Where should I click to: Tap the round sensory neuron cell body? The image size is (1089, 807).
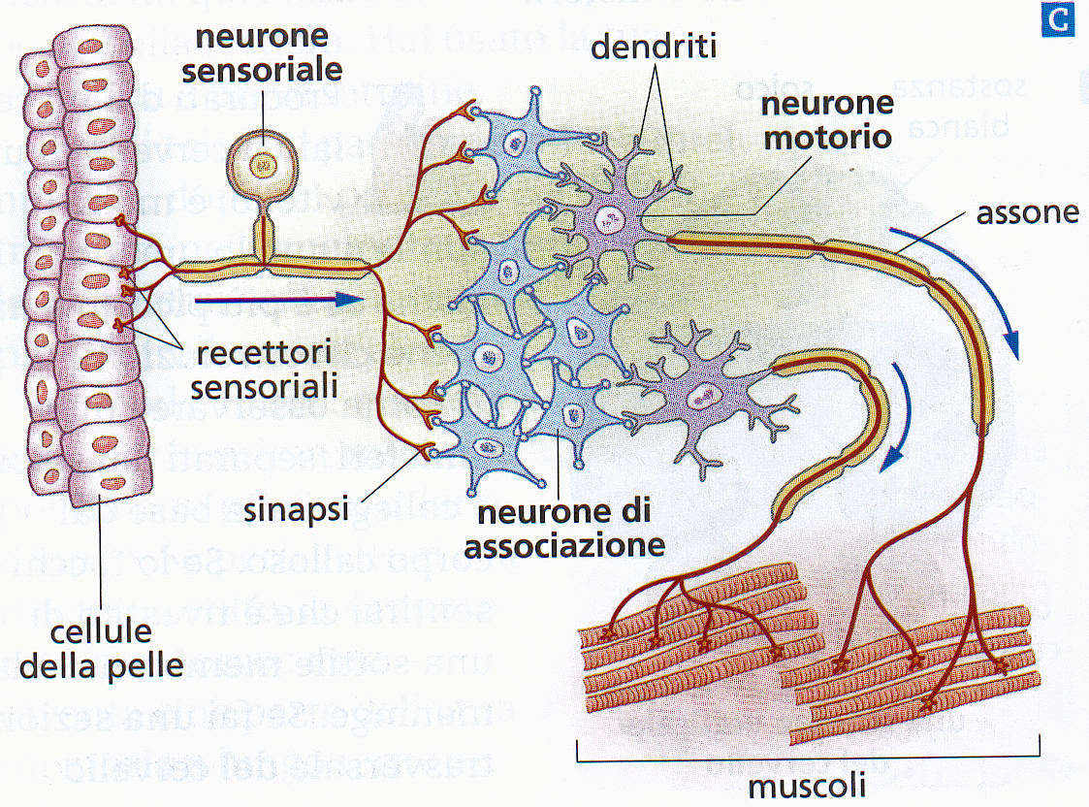[x=260, y=164]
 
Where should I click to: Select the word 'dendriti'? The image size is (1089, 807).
[x=655, y=45]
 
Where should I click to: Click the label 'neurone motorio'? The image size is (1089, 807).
[x=826, y=119]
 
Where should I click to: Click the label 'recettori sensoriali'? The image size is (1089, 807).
[x=263, y=367]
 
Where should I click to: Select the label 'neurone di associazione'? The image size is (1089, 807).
[x=564, y=527]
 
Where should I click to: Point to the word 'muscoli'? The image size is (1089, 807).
[x=808, y=783]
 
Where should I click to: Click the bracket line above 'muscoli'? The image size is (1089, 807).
[x=808, y=750]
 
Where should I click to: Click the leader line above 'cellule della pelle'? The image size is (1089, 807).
[x=102, y=553]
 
